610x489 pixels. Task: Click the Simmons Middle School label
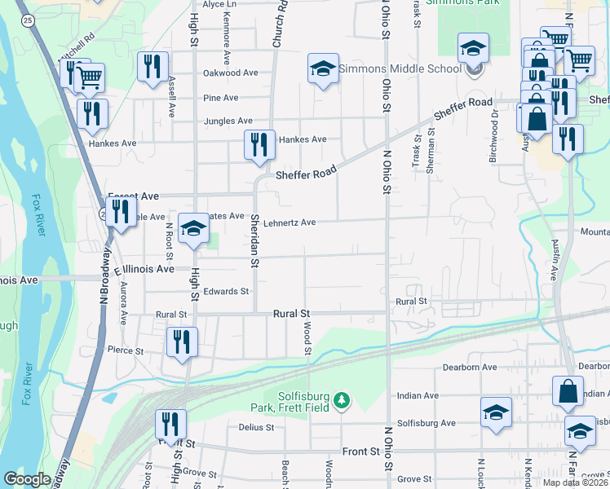(x=400, y=68)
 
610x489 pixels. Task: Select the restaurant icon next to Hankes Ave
(x=259, y=145)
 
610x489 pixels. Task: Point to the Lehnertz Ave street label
(x=289, y=222)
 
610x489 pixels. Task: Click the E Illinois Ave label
(x=145, y=269)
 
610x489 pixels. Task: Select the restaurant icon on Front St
(x=170, y=423)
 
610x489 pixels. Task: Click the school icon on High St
(x=194, y=230)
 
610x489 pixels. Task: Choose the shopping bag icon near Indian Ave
(x=567, y=391)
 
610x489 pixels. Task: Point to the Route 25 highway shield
(x=28, y=20)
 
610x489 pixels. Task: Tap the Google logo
(x=27, y=479)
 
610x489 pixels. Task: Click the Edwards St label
(x=226, y=291)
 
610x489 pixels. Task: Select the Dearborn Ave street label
(x=469, y=368)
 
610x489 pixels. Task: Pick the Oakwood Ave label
(x=231, y=73)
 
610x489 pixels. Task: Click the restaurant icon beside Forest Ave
(x=121, y=213)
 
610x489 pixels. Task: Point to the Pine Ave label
(x=222, y=98)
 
